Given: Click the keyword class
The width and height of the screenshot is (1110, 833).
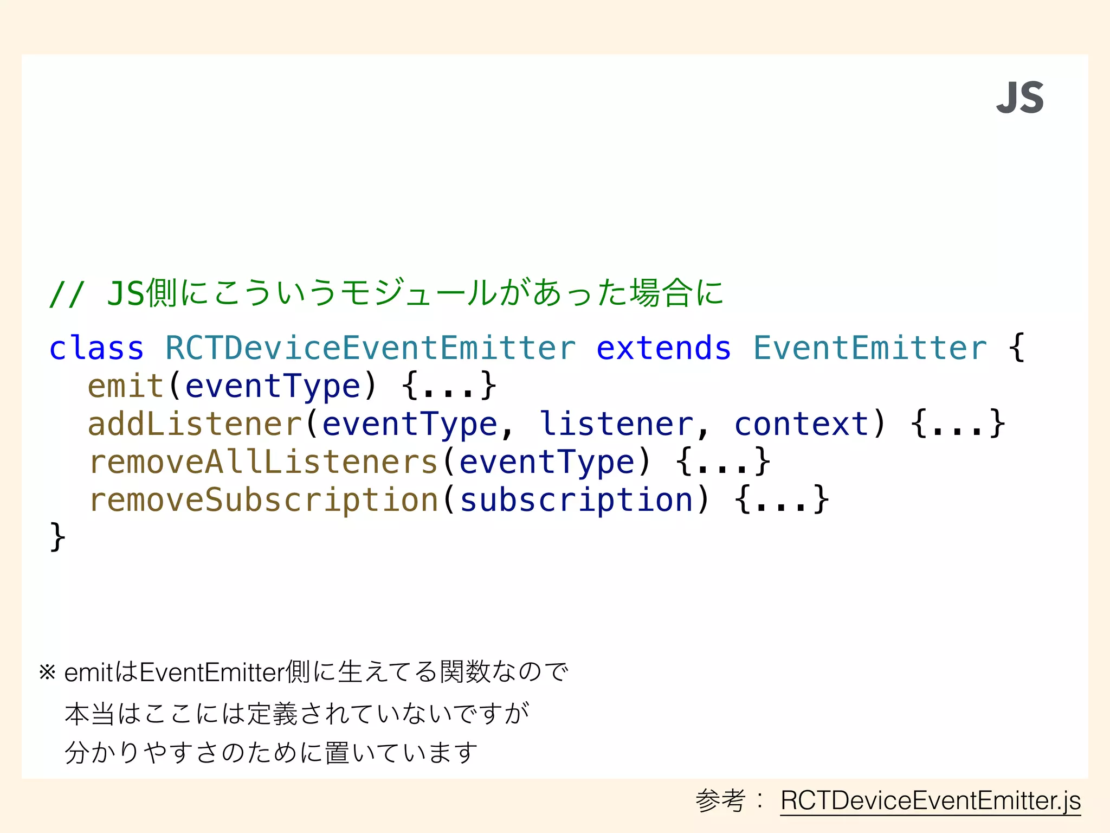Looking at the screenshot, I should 96,348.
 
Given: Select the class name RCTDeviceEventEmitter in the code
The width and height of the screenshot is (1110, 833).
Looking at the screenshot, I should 370,348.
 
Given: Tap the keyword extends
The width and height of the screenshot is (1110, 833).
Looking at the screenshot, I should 663,348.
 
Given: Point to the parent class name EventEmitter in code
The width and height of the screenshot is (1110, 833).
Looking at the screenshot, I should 870,348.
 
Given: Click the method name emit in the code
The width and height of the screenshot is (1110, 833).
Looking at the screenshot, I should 126,386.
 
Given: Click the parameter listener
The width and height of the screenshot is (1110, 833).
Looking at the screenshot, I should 616,424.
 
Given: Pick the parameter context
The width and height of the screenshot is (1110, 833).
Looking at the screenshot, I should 802,424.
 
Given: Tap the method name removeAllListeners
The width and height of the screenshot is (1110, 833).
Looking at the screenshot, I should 263,462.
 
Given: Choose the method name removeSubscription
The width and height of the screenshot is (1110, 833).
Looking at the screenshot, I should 263,500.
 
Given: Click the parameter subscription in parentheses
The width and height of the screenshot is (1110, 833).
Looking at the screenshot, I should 577,500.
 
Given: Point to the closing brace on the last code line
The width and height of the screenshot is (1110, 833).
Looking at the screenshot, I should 57,537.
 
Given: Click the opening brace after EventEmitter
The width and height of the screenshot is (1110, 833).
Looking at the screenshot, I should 1017,348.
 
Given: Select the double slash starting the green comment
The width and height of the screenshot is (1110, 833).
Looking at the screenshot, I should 66,294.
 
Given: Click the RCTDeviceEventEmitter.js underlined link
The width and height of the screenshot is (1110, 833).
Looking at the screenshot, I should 930,800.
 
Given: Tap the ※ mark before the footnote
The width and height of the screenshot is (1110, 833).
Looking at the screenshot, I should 47,672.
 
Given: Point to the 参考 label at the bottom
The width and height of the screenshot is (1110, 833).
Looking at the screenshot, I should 720,800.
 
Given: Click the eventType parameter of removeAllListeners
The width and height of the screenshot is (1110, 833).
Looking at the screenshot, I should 547,462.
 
